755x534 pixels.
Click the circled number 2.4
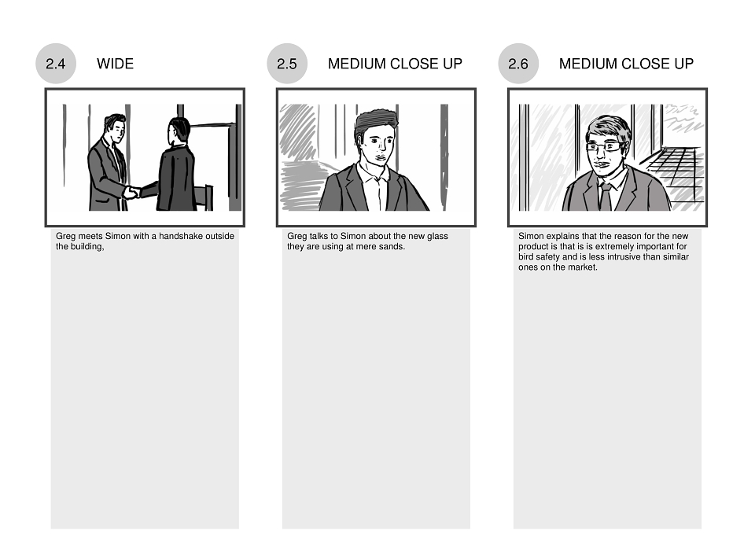point(56,64)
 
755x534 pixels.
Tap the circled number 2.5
point(287,64)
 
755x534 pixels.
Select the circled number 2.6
point(518,64)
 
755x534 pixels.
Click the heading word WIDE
point(115,64)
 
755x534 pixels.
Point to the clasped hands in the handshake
point(132,192)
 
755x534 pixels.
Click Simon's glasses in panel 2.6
point(605,146)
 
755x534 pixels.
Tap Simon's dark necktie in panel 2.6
point(606,197)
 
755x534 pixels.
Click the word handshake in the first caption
point(181,236)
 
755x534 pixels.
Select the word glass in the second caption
point(437,236)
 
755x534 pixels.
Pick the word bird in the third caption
point(526,256)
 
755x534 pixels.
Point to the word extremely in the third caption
point(614,246)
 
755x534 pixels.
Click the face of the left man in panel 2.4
point(118,131)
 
